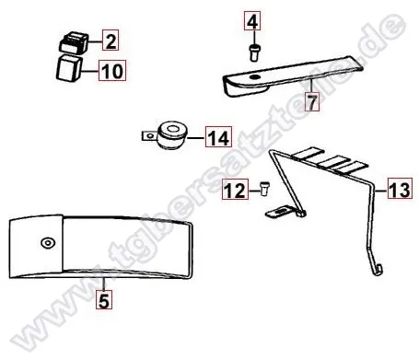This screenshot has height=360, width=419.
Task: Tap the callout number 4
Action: (x=254, y=18)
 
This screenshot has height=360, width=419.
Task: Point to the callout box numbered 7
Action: (x=313, y=102)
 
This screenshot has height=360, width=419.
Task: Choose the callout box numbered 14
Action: (x=217, y=138)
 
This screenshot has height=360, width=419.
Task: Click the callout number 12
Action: (x=235, y=191)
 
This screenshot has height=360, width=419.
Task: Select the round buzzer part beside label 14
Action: (x=171, y=134)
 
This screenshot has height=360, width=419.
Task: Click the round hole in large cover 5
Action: (x=45, y=243)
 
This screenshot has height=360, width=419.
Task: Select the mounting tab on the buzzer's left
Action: (x=146, y=136)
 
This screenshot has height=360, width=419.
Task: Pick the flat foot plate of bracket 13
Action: (x=282, y=214)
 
